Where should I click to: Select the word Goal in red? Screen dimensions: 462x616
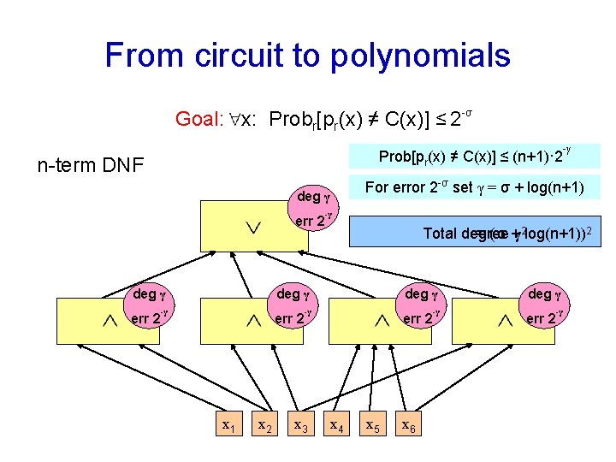[x=198, y=119]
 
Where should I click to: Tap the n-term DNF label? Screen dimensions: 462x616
[x=90, y=163]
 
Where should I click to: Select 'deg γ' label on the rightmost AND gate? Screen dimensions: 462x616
[x=545, y=294]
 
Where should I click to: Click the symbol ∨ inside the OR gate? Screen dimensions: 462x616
[x=252, y=227]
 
